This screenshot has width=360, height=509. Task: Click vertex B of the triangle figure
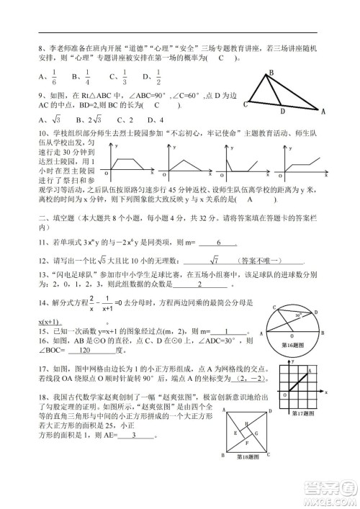point(271,73)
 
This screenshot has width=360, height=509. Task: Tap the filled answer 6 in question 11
point(217,243)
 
